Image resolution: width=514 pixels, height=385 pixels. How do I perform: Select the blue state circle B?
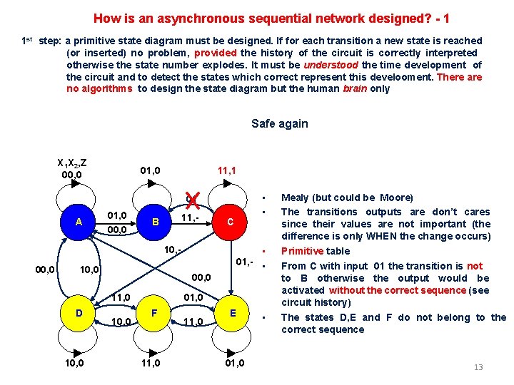pyautogui.click(x=155, y=222)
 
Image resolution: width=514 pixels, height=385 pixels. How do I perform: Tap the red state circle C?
pyautogui.click(x=231, y=222)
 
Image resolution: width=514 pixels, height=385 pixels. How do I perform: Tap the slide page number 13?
pyautogui.click(x=478, y=367)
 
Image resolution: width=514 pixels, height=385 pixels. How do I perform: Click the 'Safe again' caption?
pyautogui.click(x=279, y=123)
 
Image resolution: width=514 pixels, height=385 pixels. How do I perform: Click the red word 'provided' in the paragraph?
pyautogui.click(x=217, y=53)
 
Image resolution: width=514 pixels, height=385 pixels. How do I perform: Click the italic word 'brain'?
pyautogui.click(x=356, y=89)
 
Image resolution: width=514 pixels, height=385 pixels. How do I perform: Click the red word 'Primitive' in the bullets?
pyautogui.click(x=303, y=251)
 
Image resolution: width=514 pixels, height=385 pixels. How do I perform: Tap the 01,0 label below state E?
pyautogui.click(x=233, y=364)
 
